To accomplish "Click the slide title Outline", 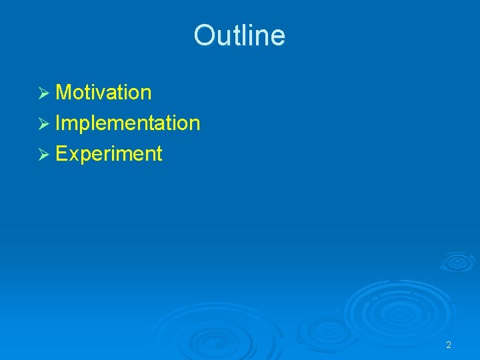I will click(239, 35).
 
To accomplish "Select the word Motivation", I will click(103, 93).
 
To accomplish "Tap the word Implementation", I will click(127, 123).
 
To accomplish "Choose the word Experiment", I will click(109, 154).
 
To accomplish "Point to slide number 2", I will click(449, 345).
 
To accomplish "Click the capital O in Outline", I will click(203, 35).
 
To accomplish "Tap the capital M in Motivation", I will click(64, 93).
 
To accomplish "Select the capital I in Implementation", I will click(59, 123).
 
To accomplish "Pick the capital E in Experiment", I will click(62, 154).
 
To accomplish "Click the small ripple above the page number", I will click(457, 261).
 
